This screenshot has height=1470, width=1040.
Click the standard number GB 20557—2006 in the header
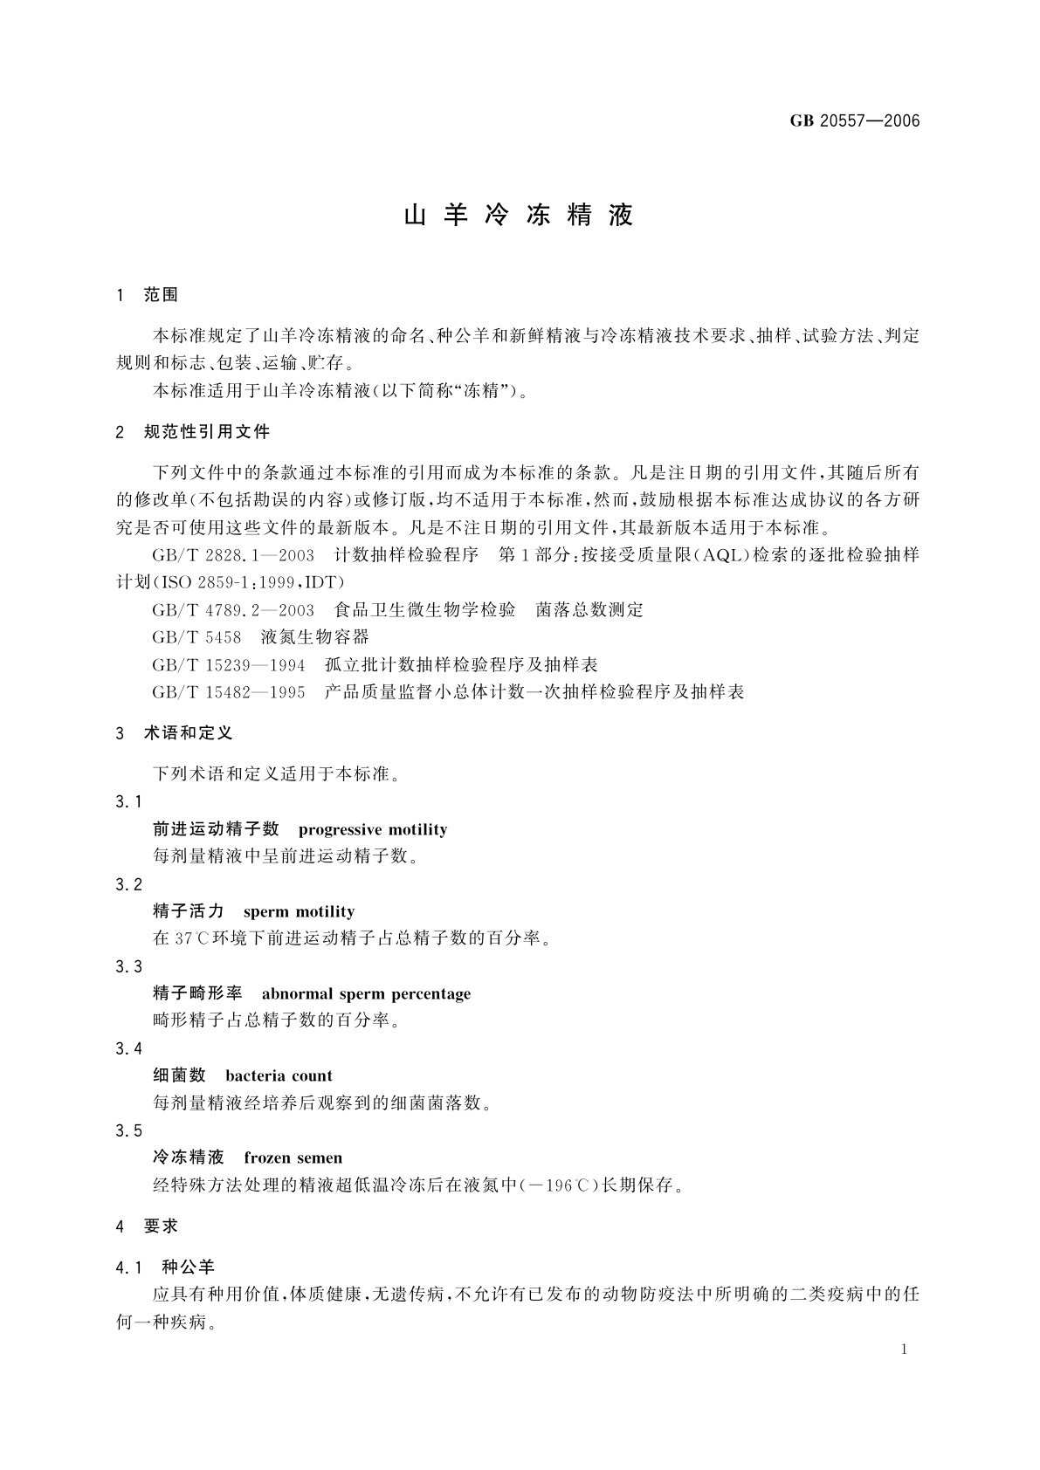pos(855,121)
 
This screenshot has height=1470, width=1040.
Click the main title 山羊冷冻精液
pos(519,216)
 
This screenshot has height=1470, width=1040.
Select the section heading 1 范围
pos(147,295)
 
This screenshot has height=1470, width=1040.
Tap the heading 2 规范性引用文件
pos(193,432)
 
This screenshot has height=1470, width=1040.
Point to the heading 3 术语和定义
pos(175,733)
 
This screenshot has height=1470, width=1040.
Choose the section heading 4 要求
pos(147,1226)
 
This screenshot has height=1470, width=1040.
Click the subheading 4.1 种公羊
pos(165,1267)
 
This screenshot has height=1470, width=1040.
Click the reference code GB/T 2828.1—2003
pos(233,555)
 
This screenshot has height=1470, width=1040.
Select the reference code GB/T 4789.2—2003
pos(233,610)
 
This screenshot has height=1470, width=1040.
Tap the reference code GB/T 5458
pos(196,638)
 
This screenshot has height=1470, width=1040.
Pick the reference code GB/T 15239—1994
pos(229,666)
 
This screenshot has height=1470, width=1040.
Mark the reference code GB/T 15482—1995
pos(229,693)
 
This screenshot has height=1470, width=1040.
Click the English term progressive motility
pos(373,829)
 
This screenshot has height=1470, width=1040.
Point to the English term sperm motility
pos(300,911)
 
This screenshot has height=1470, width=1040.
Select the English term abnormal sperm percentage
pos(366,993)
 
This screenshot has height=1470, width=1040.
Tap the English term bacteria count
pos(279,1075)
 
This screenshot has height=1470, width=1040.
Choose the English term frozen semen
pos(293,1157)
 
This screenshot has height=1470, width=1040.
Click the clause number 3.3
pos(128,966)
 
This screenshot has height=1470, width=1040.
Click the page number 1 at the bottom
pos(904,1350)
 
